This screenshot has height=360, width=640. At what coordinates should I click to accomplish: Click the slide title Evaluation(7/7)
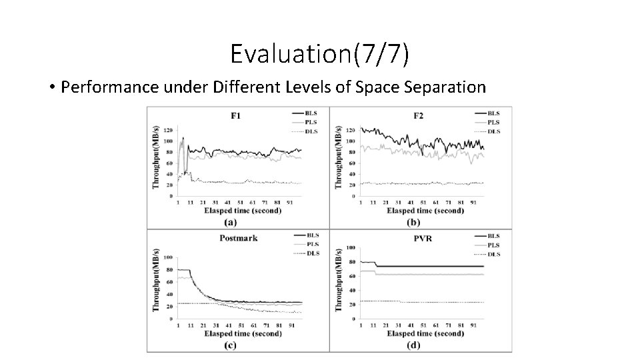[319, 54]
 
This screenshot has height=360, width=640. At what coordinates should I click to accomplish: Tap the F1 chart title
[236, 116]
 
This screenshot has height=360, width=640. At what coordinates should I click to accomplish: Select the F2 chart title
[418, 116]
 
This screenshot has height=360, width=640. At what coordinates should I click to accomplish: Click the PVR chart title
[418, 238]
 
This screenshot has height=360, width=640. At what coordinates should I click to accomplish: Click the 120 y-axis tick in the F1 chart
[168, 130]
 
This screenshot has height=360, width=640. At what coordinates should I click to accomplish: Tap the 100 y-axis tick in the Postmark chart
[168, 257]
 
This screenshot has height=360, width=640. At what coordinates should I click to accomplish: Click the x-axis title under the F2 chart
[425, 211]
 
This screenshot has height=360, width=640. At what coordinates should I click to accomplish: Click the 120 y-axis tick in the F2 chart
[351, 130]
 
